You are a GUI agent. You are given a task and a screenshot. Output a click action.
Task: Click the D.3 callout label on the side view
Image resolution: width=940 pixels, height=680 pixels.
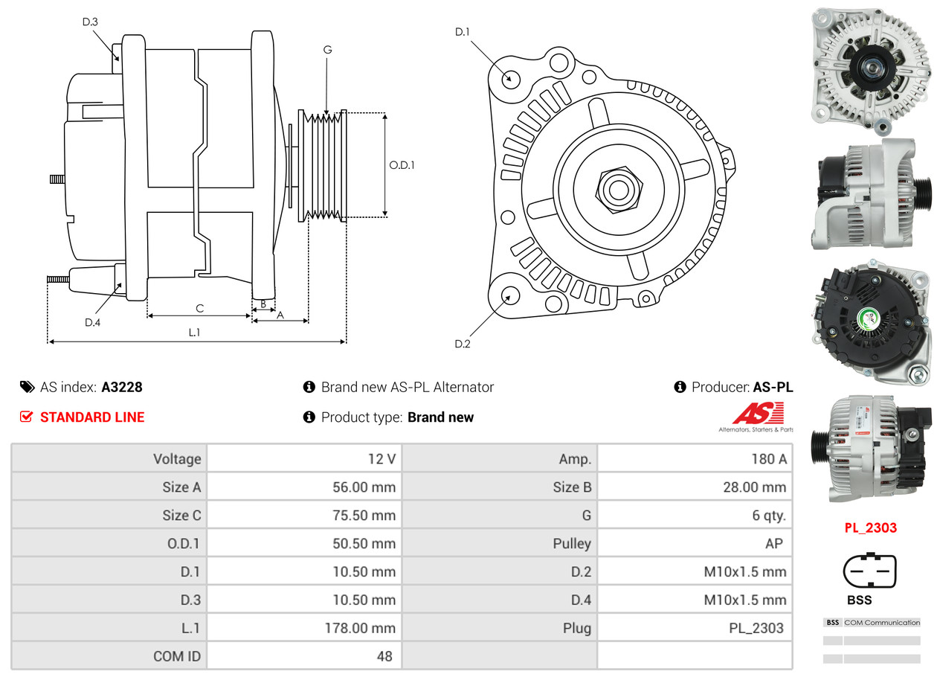pyautogui.click(x=90, y=22)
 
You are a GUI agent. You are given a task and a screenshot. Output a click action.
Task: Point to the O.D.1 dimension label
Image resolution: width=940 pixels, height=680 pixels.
pyautogui.click(x=402, y=165)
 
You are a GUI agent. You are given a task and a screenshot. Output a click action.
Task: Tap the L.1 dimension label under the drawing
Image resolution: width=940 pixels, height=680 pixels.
pyautogui.click(x=194, y=333)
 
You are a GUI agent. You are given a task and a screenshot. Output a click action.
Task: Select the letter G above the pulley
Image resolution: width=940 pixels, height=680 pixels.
pyautogui.click(x=327, y=50)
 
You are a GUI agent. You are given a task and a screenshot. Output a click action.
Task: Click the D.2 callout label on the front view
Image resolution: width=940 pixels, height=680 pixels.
pyautogui.click(x=462, y=344)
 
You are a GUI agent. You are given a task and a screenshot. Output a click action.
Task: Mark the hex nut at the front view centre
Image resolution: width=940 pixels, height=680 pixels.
pyautogui.click(x=617, y=188)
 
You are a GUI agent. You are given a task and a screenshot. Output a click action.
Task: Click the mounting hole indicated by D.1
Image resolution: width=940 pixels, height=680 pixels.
pyautogui.click(x=510, y=77)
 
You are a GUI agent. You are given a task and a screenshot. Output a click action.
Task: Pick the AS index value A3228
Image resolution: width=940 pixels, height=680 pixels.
pyautogui.click(x=122, y=387)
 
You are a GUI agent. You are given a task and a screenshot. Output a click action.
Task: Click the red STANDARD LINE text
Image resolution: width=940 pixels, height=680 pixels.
pyautogui.click(x=92, y=417)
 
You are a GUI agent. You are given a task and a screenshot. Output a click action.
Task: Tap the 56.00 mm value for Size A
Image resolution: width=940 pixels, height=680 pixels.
pyautogui.click(x=364, y=487)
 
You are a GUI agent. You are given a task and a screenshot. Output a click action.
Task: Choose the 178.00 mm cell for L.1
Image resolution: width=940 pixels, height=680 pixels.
pyautogui.click(x=361, y=628)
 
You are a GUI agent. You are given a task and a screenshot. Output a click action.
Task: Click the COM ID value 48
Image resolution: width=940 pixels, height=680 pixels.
pyautogui.click(x=384, y=656)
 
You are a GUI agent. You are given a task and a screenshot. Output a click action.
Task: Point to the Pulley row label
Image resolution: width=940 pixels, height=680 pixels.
pyautogui.click(x=572, y=544)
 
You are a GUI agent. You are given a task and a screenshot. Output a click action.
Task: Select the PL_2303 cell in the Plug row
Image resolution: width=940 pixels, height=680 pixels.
pyautogui.click(x=756, y=628)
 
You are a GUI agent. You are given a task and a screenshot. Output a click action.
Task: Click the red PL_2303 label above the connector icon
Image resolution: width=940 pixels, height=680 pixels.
pyautogui.click(x=870, y=528)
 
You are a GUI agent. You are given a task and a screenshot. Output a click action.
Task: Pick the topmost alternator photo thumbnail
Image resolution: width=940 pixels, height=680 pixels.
pyautogui.click(x=870, y=65)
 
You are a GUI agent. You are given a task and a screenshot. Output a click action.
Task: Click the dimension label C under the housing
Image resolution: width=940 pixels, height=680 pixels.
pyautogui.click(x=199, y=309)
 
